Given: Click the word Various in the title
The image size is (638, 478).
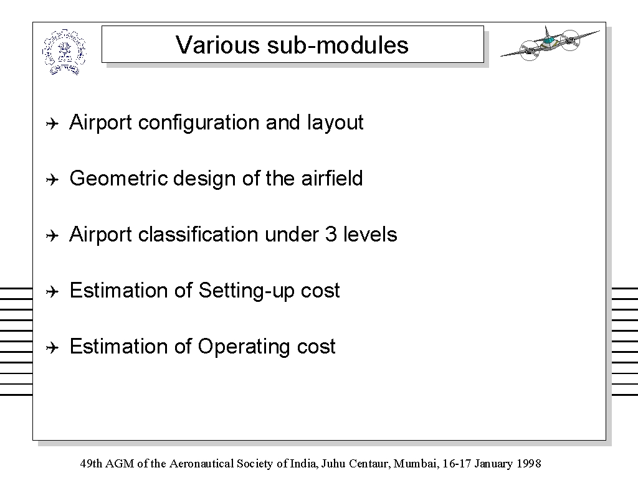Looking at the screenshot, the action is click(217, 45).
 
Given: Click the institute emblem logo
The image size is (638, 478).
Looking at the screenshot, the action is click(64, 52).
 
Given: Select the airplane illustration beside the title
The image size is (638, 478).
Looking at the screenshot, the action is click(550, 44).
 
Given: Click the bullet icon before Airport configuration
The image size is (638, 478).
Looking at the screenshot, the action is click(52, 123).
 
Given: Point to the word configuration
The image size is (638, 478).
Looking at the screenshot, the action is click(199, 123).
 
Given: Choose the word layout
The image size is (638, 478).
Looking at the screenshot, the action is click(335, 123).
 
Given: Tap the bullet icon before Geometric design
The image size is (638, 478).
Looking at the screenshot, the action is click(52, 179).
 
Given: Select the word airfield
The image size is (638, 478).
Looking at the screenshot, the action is click(332, 178).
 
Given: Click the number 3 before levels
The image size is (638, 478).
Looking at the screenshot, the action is click(331, 235).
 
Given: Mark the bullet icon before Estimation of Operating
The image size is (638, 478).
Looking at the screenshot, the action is click(52, 347).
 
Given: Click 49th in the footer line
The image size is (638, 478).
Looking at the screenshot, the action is click(92, 464).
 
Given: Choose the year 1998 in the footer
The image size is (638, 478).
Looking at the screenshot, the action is click(529, 464).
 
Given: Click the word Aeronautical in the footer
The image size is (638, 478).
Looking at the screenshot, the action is click(201, 464).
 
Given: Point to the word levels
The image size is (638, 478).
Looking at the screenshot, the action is click(370, 235).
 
